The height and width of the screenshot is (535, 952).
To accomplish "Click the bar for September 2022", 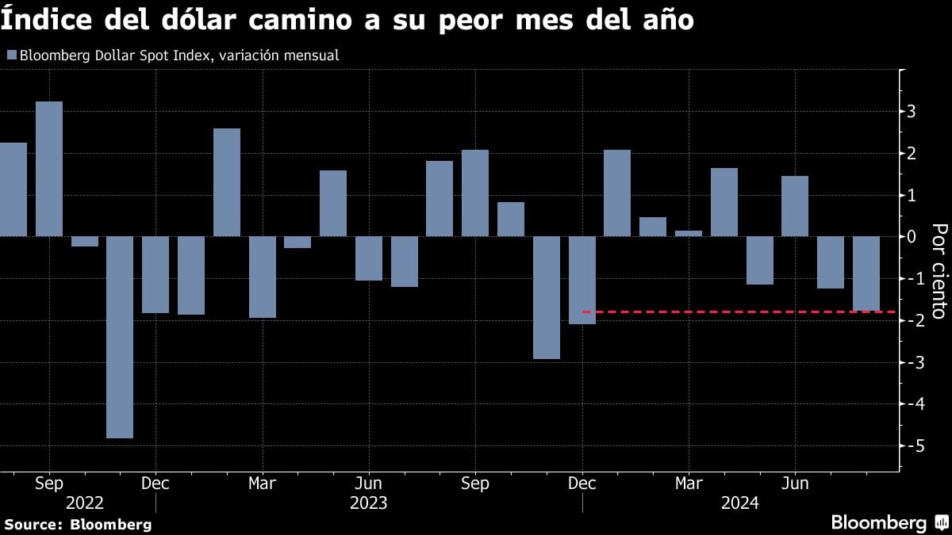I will [49, 168].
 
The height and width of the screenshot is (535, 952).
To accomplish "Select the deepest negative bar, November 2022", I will [120, 337].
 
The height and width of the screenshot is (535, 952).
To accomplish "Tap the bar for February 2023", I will [227, 182].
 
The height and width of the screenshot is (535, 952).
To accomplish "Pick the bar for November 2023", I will [547, 297].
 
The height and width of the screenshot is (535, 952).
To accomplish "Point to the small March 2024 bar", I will [689, 233].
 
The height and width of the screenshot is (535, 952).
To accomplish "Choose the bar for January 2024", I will [617, 193].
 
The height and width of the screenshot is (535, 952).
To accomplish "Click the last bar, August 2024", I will [866, 273].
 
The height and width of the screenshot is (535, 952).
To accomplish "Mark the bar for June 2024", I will [795, 206].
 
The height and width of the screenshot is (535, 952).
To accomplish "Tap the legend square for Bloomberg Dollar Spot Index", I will [11, 55].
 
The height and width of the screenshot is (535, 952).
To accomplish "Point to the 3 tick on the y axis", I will [912, 111].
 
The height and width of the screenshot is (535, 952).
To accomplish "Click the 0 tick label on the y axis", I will [912, 236].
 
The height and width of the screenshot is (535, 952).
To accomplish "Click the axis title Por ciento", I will [939, 270].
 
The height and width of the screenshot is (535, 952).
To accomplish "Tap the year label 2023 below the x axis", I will [369, 503].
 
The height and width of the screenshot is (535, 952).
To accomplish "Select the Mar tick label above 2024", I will [689, 483].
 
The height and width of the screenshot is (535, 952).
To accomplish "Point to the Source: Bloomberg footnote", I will [77, 524].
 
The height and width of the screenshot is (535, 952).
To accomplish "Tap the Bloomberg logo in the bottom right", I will [889, 522].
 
